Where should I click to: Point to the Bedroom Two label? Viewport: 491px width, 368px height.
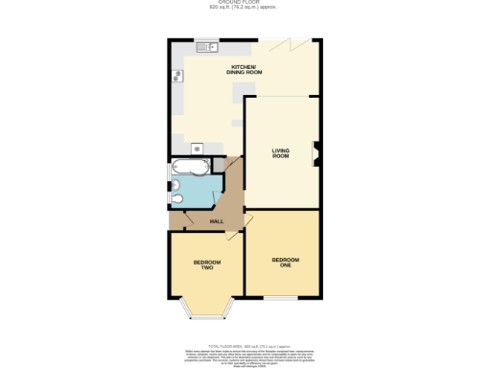[206, 264]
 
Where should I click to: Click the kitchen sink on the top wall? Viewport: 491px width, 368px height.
[207, 46]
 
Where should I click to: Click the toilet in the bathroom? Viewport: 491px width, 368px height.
[177, 197]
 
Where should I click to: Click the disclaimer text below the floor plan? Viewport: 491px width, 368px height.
[245, 350]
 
